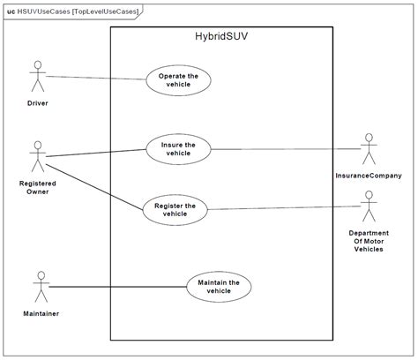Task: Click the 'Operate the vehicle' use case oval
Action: tap(178, 80)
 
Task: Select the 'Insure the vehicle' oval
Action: tap(178, 147)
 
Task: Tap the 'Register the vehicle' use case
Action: tap(175, 209)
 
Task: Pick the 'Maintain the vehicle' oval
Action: tap(219, 287)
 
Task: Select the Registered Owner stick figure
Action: tap(37, 156)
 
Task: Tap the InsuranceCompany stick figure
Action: tap(369, 149)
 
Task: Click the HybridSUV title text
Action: tap(221, 38)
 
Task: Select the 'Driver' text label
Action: tap(37, 103)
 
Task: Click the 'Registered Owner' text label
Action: tap(37, 187)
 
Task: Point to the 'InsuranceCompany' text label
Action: tap(369, 176)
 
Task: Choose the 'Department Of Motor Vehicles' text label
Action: tap(369, 241)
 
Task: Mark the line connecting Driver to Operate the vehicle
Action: tap(95, 78)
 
